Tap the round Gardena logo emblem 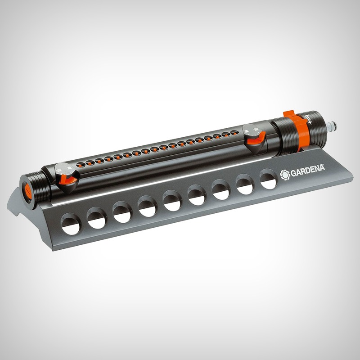pos(285,175)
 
